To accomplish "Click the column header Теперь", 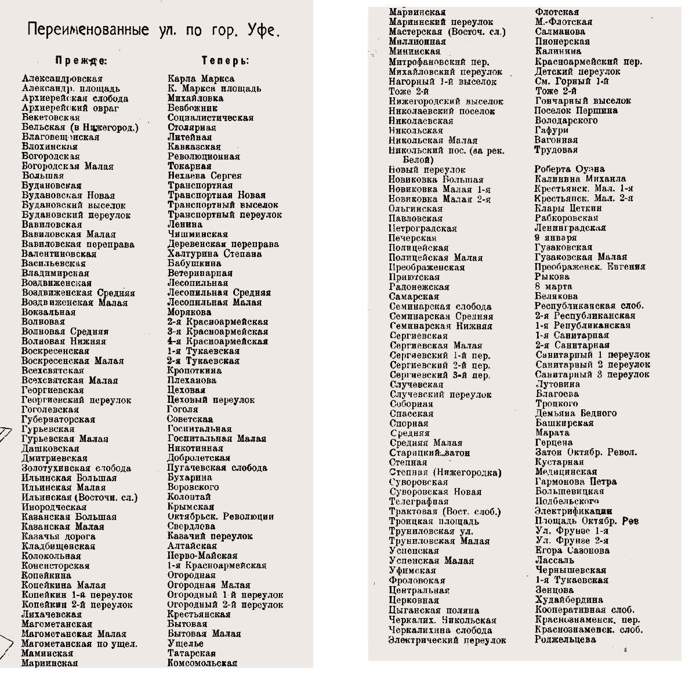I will click(x=225, y=60).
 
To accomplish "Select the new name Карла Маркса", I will click(x=201, y=79).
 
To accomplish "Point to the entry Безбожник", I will click(x=193, y=108).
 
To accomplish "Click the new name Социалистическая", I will click(x=210, y=118).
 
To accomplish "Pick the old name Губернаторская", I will click(x=58, y=420).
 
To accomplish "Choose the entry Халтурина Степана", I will click(x=214, y=254).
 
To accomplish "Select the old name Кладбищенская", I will click(x=58, y=546).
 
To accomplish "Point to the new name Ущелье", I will click(x=185, y=644).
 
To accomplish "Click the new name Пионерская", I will click(x=562, y=42).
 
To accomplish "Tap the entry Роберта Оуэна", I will click(x=570, y=169).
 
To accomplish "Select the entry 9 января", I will click(x=556, y=238).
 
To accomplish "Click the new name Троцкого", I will click(x=556, y=404).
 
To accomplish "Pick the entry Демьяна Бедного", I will click(x=575, y=413).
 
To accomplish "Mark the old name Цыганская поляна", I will click(x=434, y=610).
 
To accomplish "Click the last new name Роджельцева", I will click(x=565, y=639).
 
